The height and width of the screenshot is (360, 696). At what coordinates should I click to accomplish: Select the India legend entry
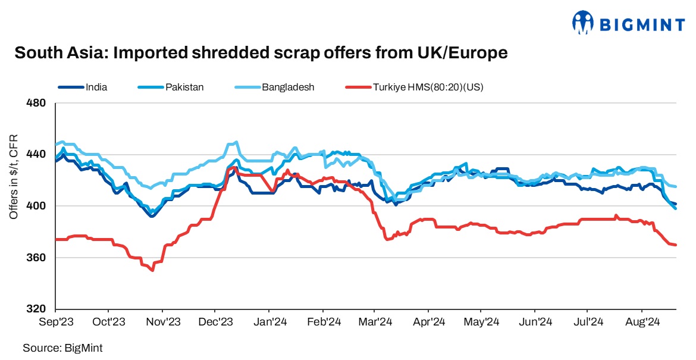(x=96, y=87)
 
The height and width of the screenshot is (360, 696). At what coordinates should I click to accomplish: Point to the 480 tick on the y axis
(x=37, y=103)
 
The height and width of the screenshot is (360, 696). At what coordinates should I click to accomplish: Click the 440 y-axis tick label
(x=37, y=155)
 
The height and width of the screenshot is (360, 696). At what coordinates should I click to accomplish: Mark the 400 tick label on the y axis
(x=37, y=206)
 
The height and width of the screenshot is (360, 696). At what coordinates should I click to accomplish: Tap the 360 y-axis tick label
(x=37, y=258)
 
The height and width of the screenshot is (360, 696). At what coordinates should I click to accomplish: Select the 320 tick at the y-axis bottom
(x=37, y=309)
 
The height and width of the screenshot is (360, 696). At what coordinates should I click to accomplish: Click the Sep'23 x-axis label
(x=55, y=323)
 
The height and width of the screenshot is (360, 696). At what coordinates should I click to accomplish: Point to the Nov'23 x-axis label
(x=162, y=323)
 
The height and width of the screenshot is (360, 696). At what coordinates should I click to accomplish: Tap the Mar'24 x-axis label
(x=375, y=323)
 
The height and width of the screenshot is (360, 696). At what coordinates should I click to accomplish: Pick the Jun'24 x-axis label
(x=535, y=323)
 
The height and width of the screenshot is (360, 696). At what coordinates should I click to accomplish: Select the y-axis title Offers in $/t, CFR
(x=14, y=176)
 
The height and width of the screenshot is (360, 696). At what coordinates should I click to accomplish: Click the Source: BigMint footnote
(x=58, y=347)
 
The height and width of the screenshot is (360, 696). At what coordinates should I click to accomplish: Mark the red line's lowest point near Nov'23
(x=153, y=271)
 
